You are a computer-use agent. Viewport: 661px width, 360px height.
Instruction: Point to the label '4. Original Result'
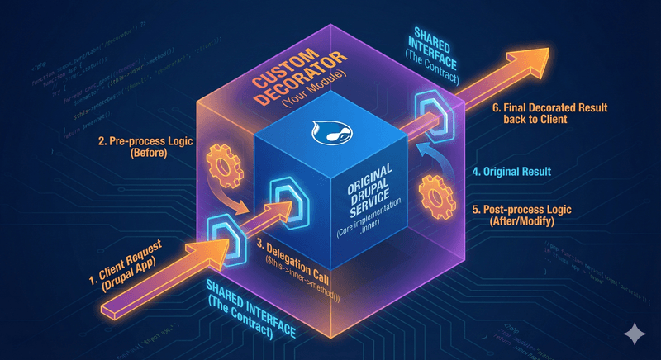511,173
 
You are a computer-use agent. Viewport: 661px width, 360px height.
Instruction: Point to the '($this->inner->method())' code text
291,265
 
